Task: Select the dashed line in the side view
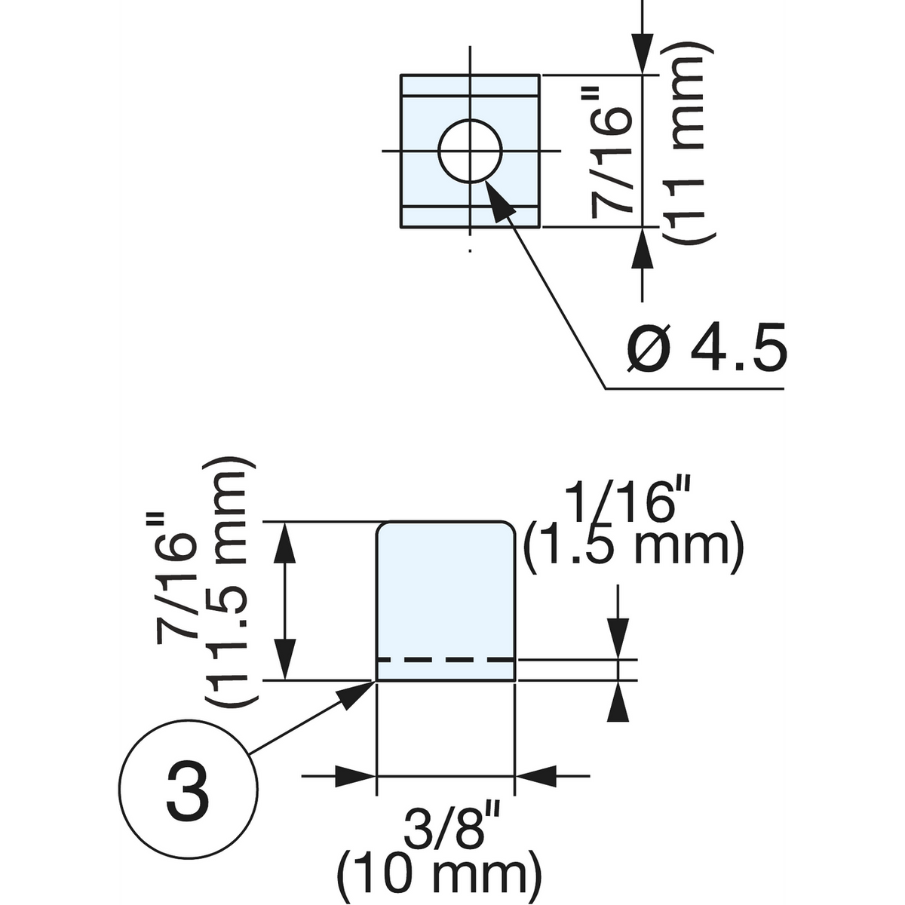click(x=446, y=661)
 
